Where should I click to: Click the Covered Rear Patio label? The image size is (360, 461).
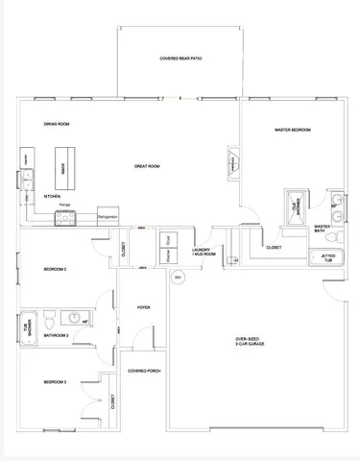click(180, 59)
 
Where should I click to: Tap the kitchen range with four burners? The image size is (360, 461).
click(65, 218)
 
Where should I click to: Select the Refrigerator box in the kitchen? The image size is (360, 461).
click(108, 217)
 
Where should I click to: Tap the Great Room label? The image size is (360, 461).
click(146, 166)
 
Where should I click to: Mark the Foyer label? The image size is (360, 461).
click(143, 307)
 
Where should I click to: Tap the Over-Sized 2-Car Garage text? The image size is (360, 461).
click(249, 343)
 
